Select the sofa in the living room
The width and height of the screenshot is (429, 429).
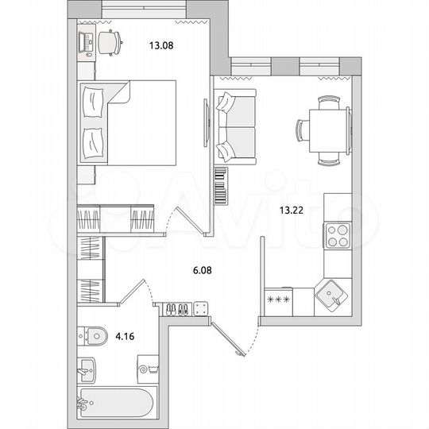click(x=234, y=126)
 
